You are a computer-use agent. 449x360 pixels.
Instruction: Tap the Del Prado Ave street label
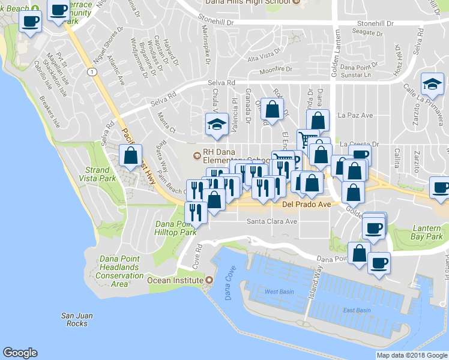pyautogui.click(x=306, y=205)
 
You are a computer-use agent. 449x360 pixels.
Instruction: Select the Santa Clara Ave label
pyautogui.click(x=273, y=221)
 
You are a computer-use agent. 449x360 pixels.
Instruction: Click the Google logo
pyautogui.click(x=20, y=353)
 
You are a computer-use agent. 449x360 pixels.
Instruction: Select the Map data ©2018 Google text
pyautogui.click(x=411, y=355)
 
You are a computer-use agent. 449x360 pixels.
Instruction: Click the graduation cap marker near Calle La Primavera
pyautogui.click(x=432, y=84)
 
